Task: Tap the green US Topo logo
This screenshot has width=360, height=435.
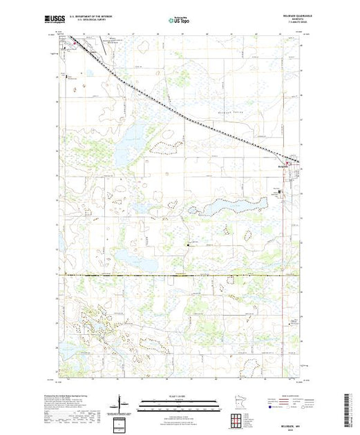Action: (x=180, y=21)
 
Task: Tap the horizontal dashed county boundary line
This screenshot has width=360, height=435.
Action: (x=180, y=275)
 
